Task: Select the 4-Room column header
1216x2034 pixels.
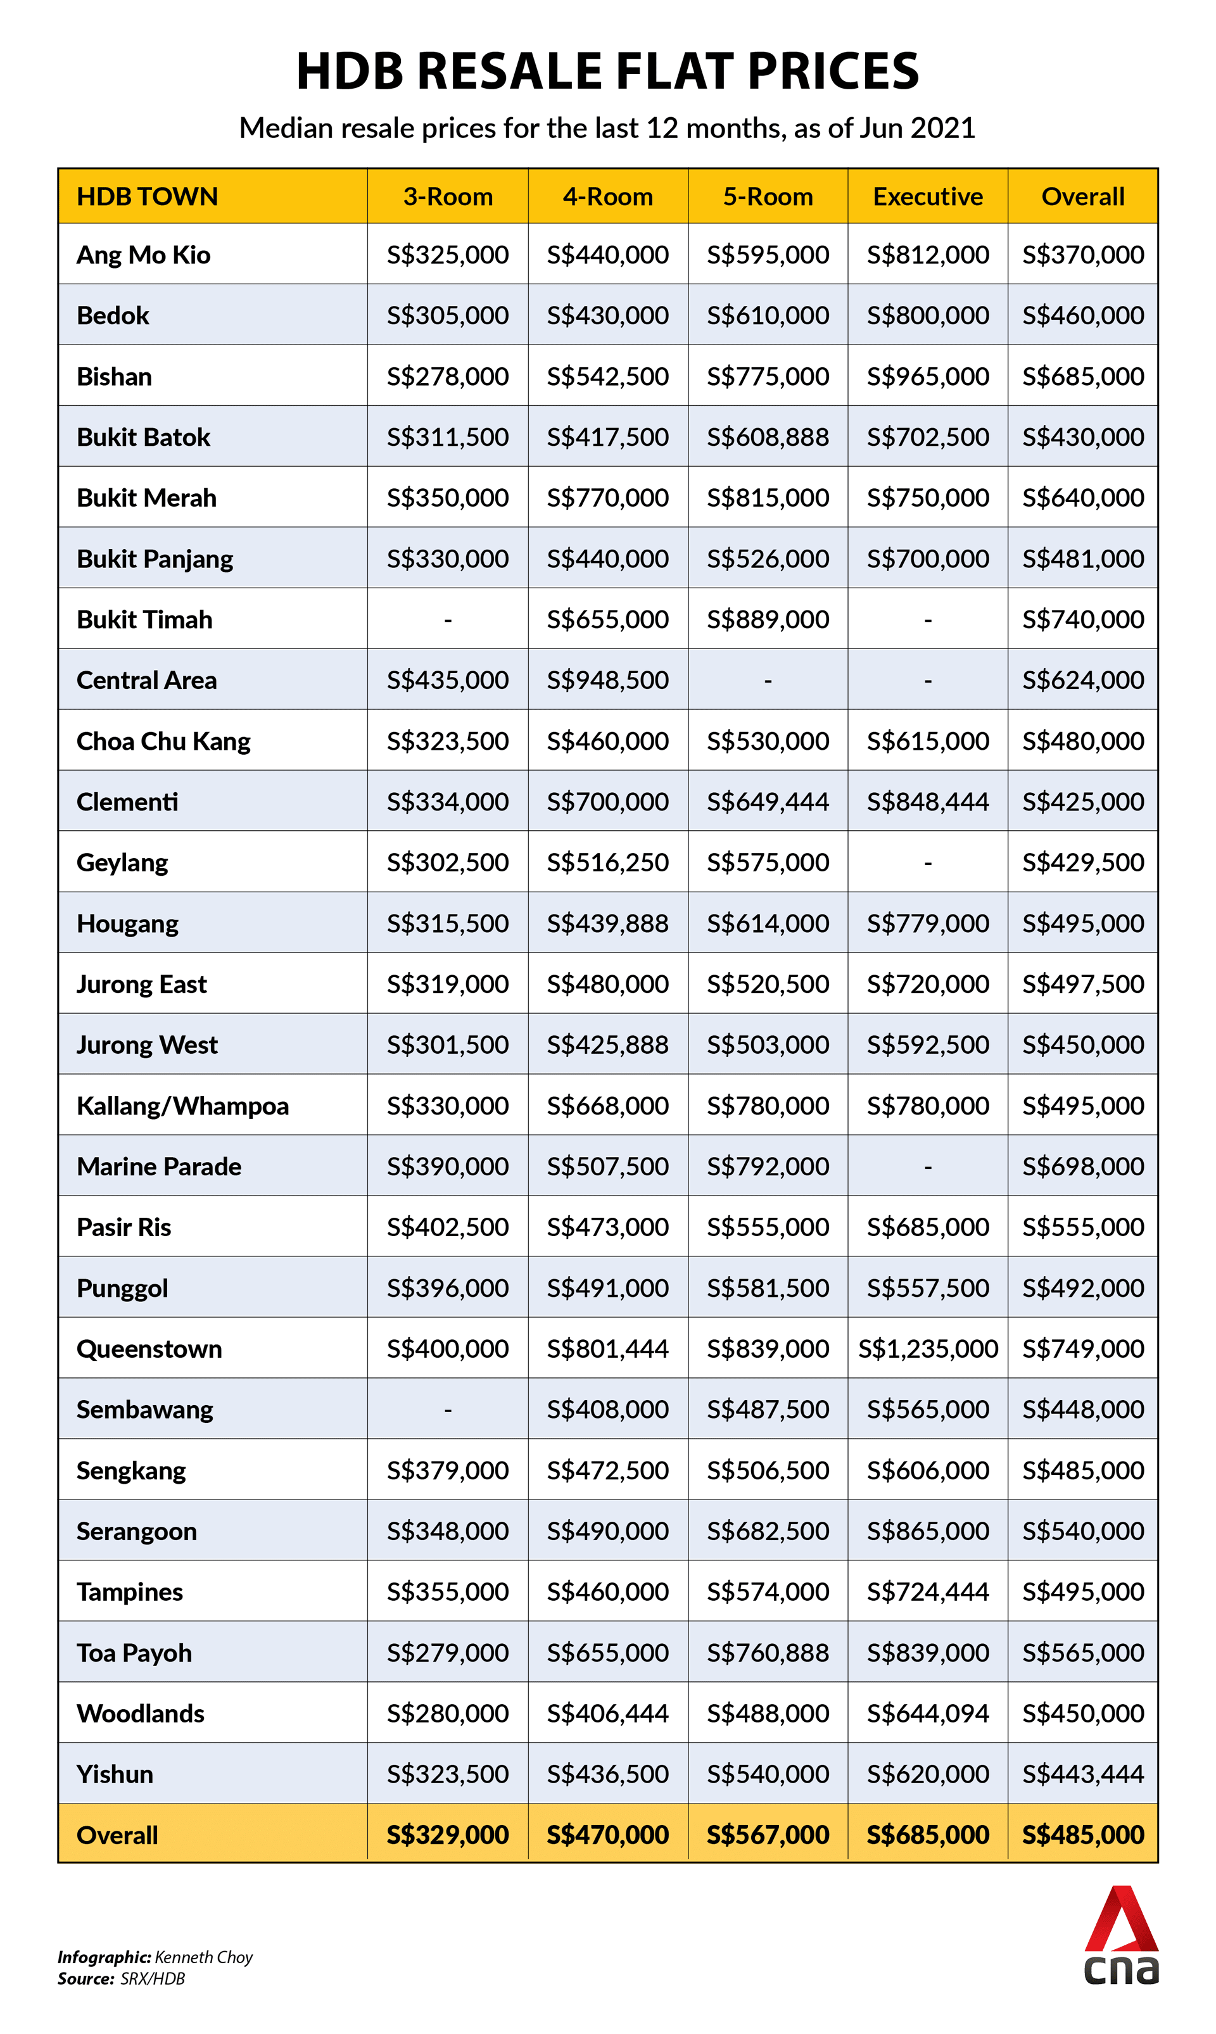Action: pos(607,196)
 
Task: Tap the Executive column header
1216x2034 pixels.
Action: pos(928,196)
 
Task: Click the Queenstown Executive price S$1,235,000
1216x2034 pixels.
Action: pos(928,1348)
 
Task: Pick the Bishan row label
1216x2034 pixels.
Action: pos(114,377)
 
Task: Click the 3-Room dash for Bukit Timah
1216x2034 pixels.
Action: pos(447,620)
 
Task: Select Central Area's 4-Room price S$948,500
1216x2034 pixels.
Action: pos(607,680)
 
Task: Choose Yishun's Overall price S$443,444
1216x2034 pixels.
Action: pos(1082,1774)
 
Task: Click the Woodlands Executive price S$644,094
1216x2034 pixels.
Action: pos(928,1714)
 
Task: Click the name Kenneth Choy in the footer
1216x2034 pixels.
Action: pos(203,1957)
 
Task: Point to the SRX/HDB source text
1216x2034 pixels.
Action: pos(153,1978)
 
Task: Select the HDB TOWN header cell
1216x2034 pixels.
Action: pos(148,196)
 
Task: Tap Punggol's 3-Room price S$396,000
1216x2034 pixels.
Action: pos(447,1288)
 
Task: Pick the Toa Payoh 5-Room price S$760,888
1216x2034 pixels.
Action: pos(768,1652)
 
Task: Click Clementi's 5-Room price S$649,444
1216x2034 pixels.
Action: pos(768,802)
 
